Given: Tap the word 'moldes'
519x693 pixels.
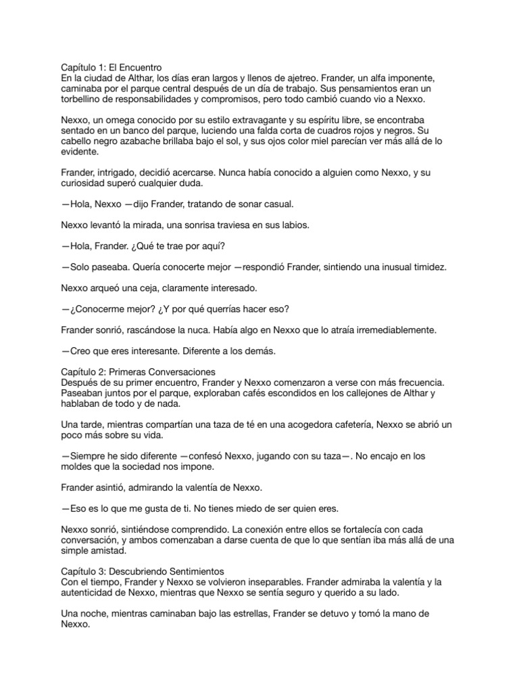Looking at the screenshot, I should (x=75, y=466).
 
